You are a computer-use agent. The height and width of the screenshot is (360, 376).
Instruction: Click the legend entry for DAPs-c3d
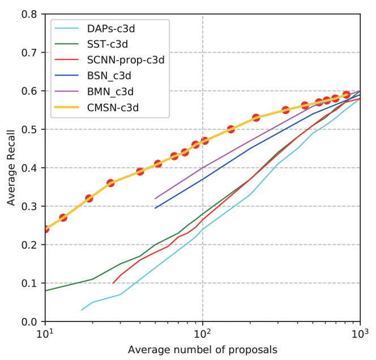pyautogui.click(x=110, y=28)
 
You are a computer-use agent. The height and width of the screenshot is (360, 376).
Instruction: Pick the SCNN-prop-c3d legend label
pyautogui.click(x=125, y=59)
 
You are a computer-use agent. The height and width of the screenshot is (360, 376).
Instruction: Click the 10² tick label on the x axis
pyautogui.click(x=202, y=333)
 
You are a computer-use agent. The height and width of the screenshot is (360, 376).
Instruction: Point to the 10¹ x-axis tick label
pyautogui.click(x=45, y=333)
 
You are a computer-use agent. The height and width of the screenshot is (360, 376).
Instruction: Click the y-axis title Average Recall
pyautogui.click(x=11, y=168)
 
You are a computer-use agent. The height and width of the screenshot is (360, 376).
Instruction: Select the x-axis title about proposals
pyautogui.click(x=202, y=349)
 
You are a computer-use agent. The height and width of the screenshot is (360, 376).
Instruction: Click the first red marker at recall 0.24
pyautogui.click(x=45, y=229)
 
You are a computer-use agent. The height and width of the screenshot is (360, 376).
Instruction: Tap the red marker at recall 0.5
pyautogui.click(x=230, y=129)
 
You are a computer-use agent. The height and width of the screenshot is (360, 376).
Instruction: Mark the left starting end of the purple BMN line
pyautogui.click(x=155, y=198)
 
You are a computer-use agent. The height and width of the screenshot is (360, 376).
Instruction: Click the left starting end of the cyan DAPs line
pyautogui.click(x=82, y=310)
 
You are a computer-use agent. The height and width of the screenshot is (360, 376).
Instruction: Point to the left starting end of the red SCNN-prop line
pyautogui.click(x=113, y=283)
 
